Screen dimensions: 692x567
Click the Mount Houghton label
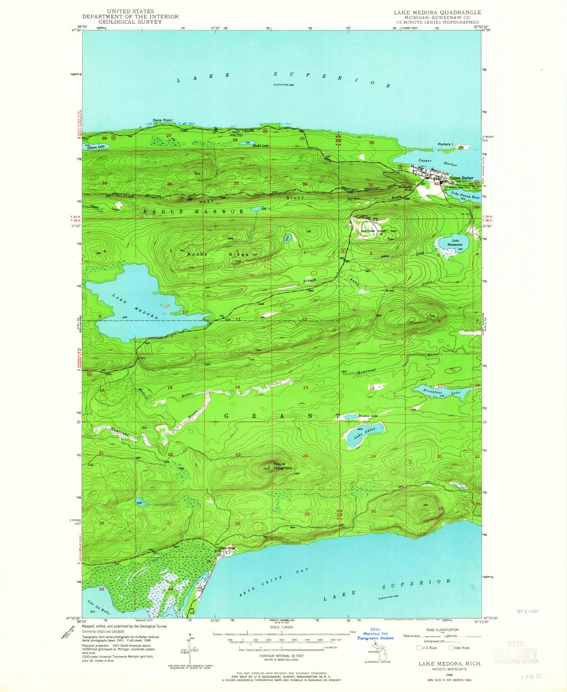tap(282, 466)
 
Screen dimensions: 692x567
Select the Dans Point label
tap(162, 120)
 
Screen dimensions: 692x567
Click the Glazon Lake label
tap(96, 147)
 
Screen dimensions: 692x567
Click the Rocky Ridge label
tap(218, 254)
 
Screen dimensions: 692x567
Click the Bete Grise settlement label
tap(228, 548)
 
